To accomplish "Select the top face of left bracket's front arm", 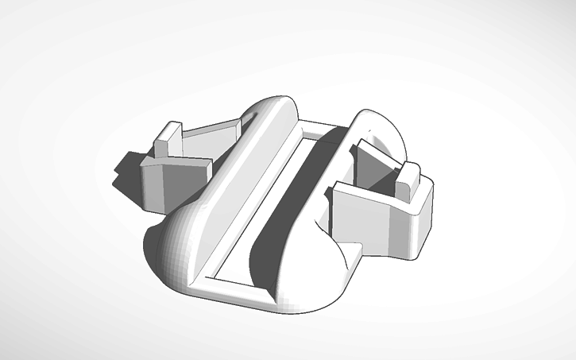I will [179, 162].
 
